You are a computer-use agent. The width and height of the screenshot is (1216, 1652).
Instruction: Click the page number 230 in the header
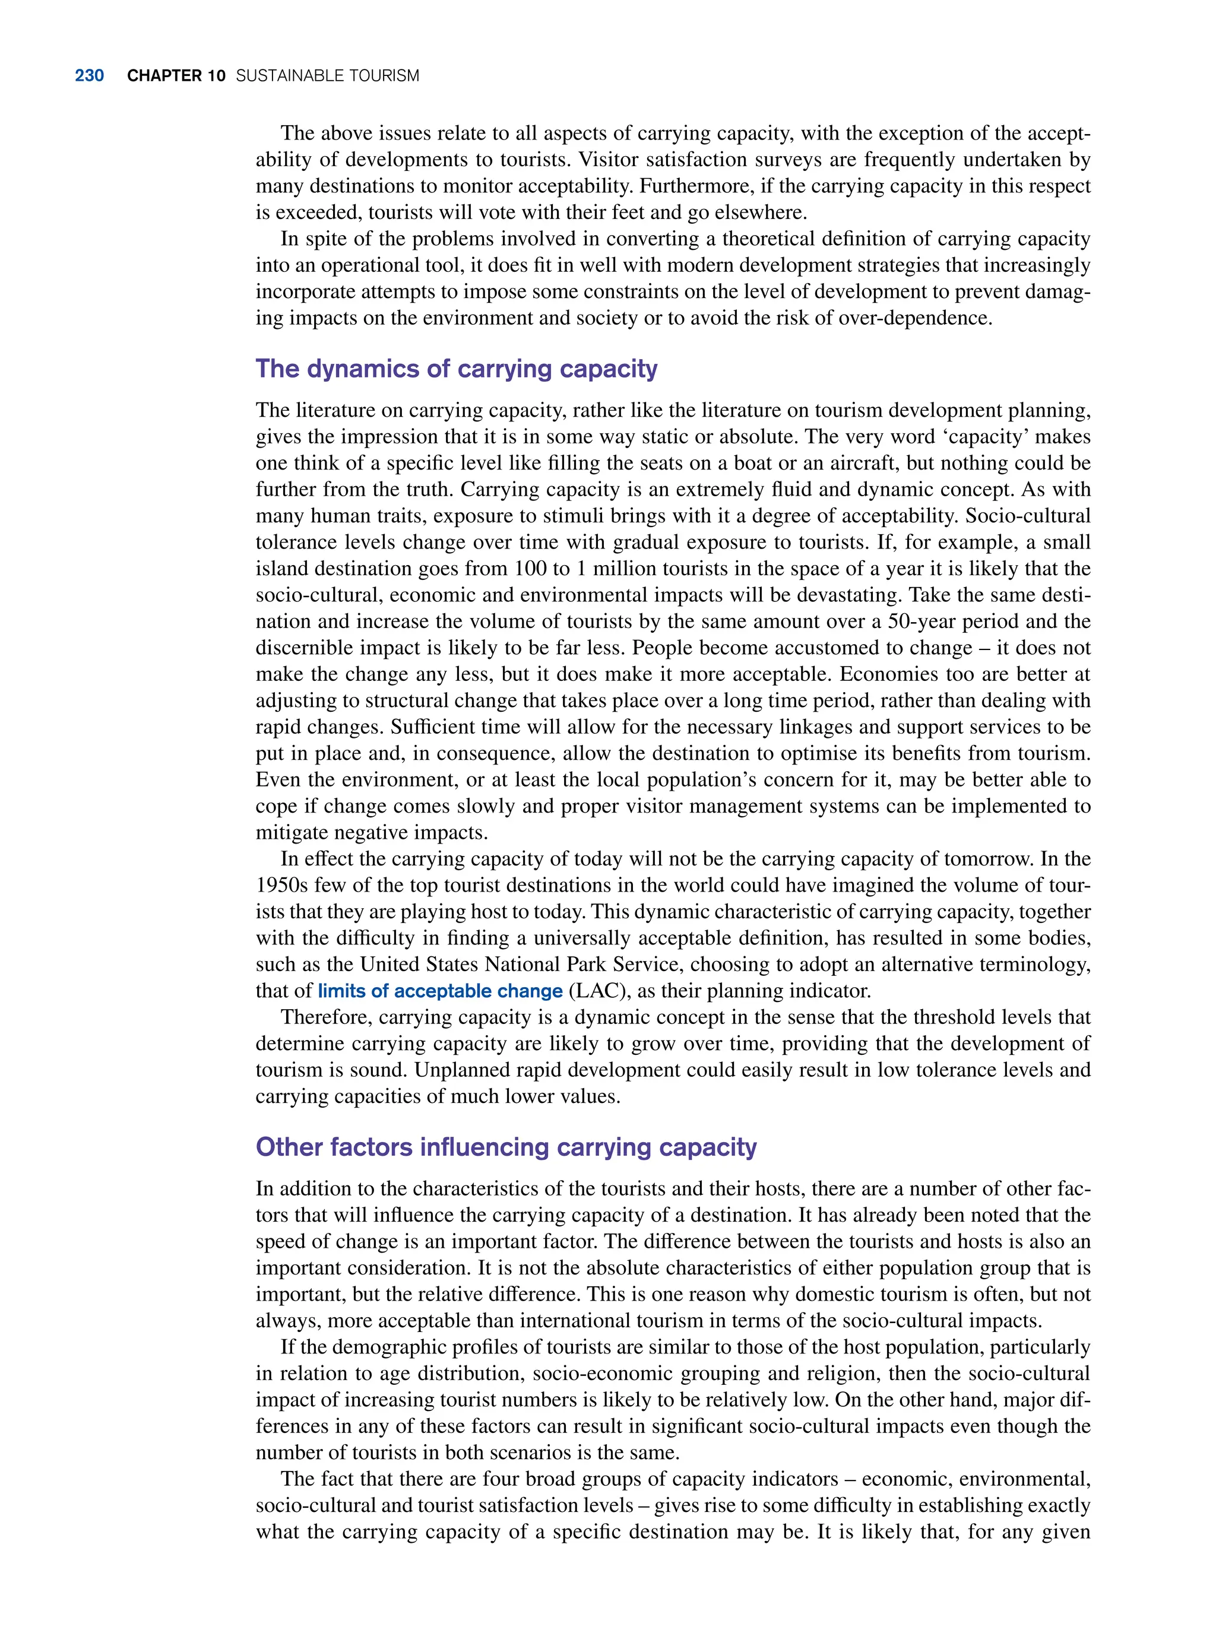(x=89, y=76)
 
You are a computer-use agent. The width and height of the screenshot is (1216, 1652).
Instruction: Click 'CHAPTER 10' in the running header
(x=176, y=76)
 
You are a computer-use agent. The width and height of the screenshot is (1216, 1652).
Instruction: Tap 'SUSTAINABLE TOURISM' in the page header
(x=328, y=76)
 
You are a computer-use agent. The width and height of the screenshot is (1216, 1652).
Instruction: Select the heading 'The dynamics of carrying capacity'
(x=457, y=369)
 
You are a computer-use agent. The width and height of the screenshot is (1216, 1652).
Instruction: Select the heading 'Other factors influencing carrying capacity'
(x=506, y=1147)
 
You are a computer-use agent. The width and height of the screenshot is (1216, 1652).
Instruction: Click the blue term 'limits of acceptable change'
(x=440, y=991)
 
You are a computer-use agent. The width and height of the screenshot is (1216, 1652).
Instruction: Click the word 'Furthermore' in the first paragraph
(x=688, y=186)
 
